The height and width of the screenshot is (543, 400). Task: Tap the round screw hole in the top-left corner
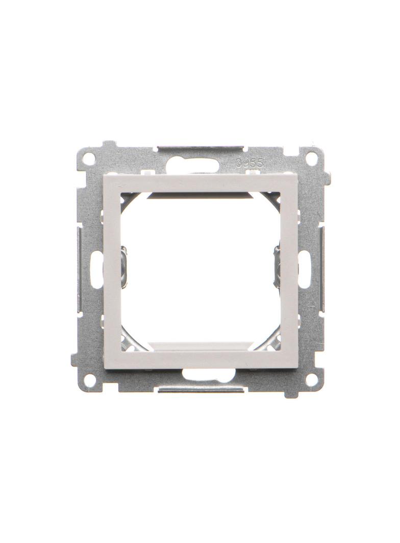point(89,158)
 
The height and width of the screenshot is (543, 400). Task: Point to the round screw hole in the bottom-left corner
point(89,379)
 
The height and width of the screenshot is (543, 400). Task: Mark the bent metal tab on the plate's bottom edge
point(200,390)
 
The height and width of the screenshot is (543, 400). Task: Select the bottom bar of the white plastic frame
point(200,359)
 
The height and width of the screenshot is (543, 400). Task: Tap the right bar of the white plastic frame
point(289,270)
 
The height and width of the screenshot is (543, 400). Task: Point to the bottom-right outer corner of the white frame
point(297,368)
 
